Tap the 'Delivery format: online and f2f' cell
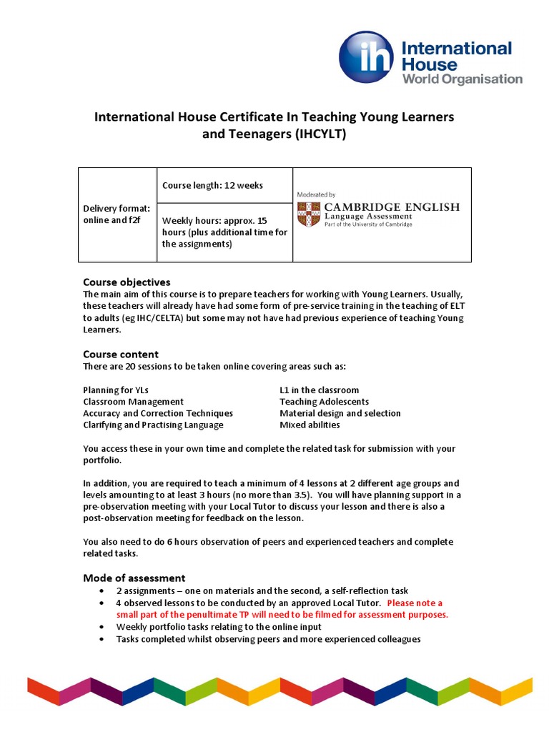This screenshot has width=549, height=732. pyautogui.click(x=117, y=214)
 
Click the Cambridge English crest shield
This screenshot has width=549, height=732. pyautogui.click(x=309, y=214)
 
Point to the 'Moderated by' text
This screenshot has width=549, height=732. pyautogui.click(x=316, y=194)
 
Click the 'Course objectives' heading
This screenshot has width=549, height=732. pyautogui.click(x=127, y=282)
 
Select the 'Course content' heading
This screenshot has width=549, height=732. pyautogui.click(x=121, y=354)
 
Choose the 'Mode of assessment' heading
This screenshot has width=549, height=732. pyautogui.click(x=134, y=578)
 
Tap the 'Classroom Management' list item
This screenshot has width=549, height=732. pyautogui.click(x=133, y=402)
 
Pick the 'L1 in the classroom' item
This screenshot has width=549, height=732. pyautogui.click(x=319, y=390)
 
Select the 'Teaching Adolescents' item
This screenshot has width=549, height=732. pyautogui.click(x=324, y=402)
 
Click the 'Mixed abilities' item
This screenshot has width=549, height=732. pyautogui.click(x=310, y=425)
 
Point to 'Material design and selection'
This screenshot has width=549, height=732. pyautogui.click(x=340, y=413)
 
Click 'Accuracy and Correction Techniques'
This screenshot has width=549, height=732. pyautogui.click(x=157, y=413)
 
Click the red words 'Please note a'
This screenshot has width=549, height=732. pyautogui.click(x=415, y=603)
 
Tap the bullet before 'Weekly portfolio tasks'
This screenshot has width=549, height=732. pyautogui.click(x=104, y=627)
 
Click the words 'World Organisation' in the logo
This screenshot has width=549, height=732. pyautogui.click(x=462, y=79)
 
